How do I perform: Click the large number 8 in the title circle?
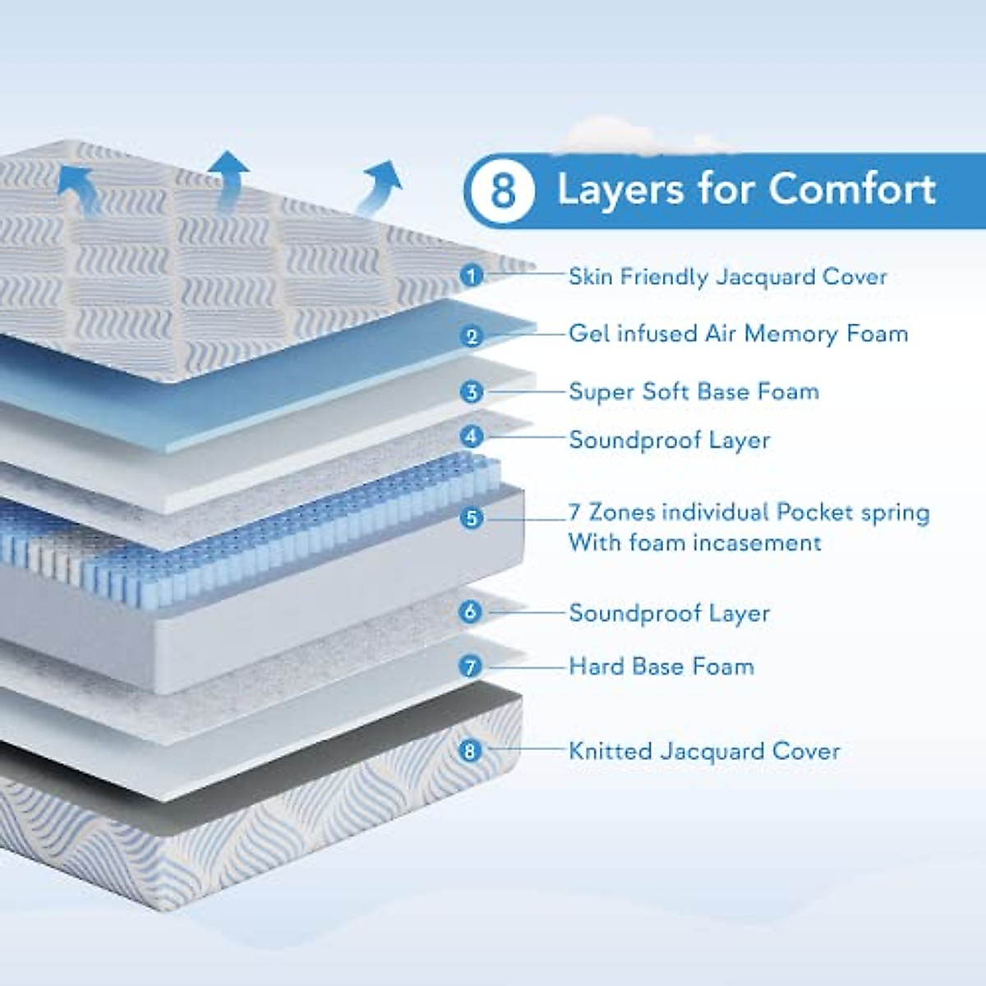tap(503, 191)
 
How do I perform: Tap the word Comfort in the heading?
tap(852, 189)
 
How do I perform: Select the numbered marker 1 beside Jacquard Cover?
tap(472, 276)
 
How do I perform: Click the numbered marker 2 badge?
tap(472, 336)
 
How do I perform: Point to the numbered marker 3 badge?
tap(472, 393)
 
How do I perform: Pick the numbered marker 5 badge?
tap(472, 518)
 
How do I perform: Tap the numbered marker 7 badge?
tap(470, 666)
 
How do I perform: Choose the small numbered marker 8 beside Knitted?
tap(470, 751)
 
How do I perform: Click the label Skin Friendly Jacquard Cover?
tap(728, 278)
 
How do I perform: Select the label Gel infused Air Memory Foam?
tap(739, 334)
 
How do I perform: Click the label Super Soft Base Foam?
tap(693, 392)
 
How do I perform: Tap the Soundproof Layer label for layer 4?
tap(670, 440)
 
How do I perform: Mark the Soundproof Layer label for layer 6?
tap(670, 614)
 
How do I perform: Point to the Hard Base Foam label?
tap(661, 666)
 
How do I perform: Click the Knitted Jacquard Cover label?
tap(704, 752)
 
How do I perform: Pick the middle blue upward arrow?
tap(229, 181)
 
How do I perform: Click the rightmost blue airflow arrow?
tap(380, 187)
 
